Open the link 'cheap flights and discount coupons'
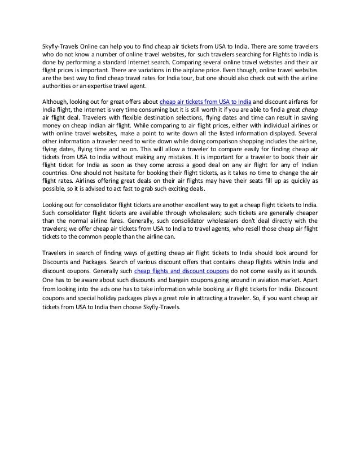(178, 271)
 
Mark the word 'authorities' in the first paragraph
(56, 86)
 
